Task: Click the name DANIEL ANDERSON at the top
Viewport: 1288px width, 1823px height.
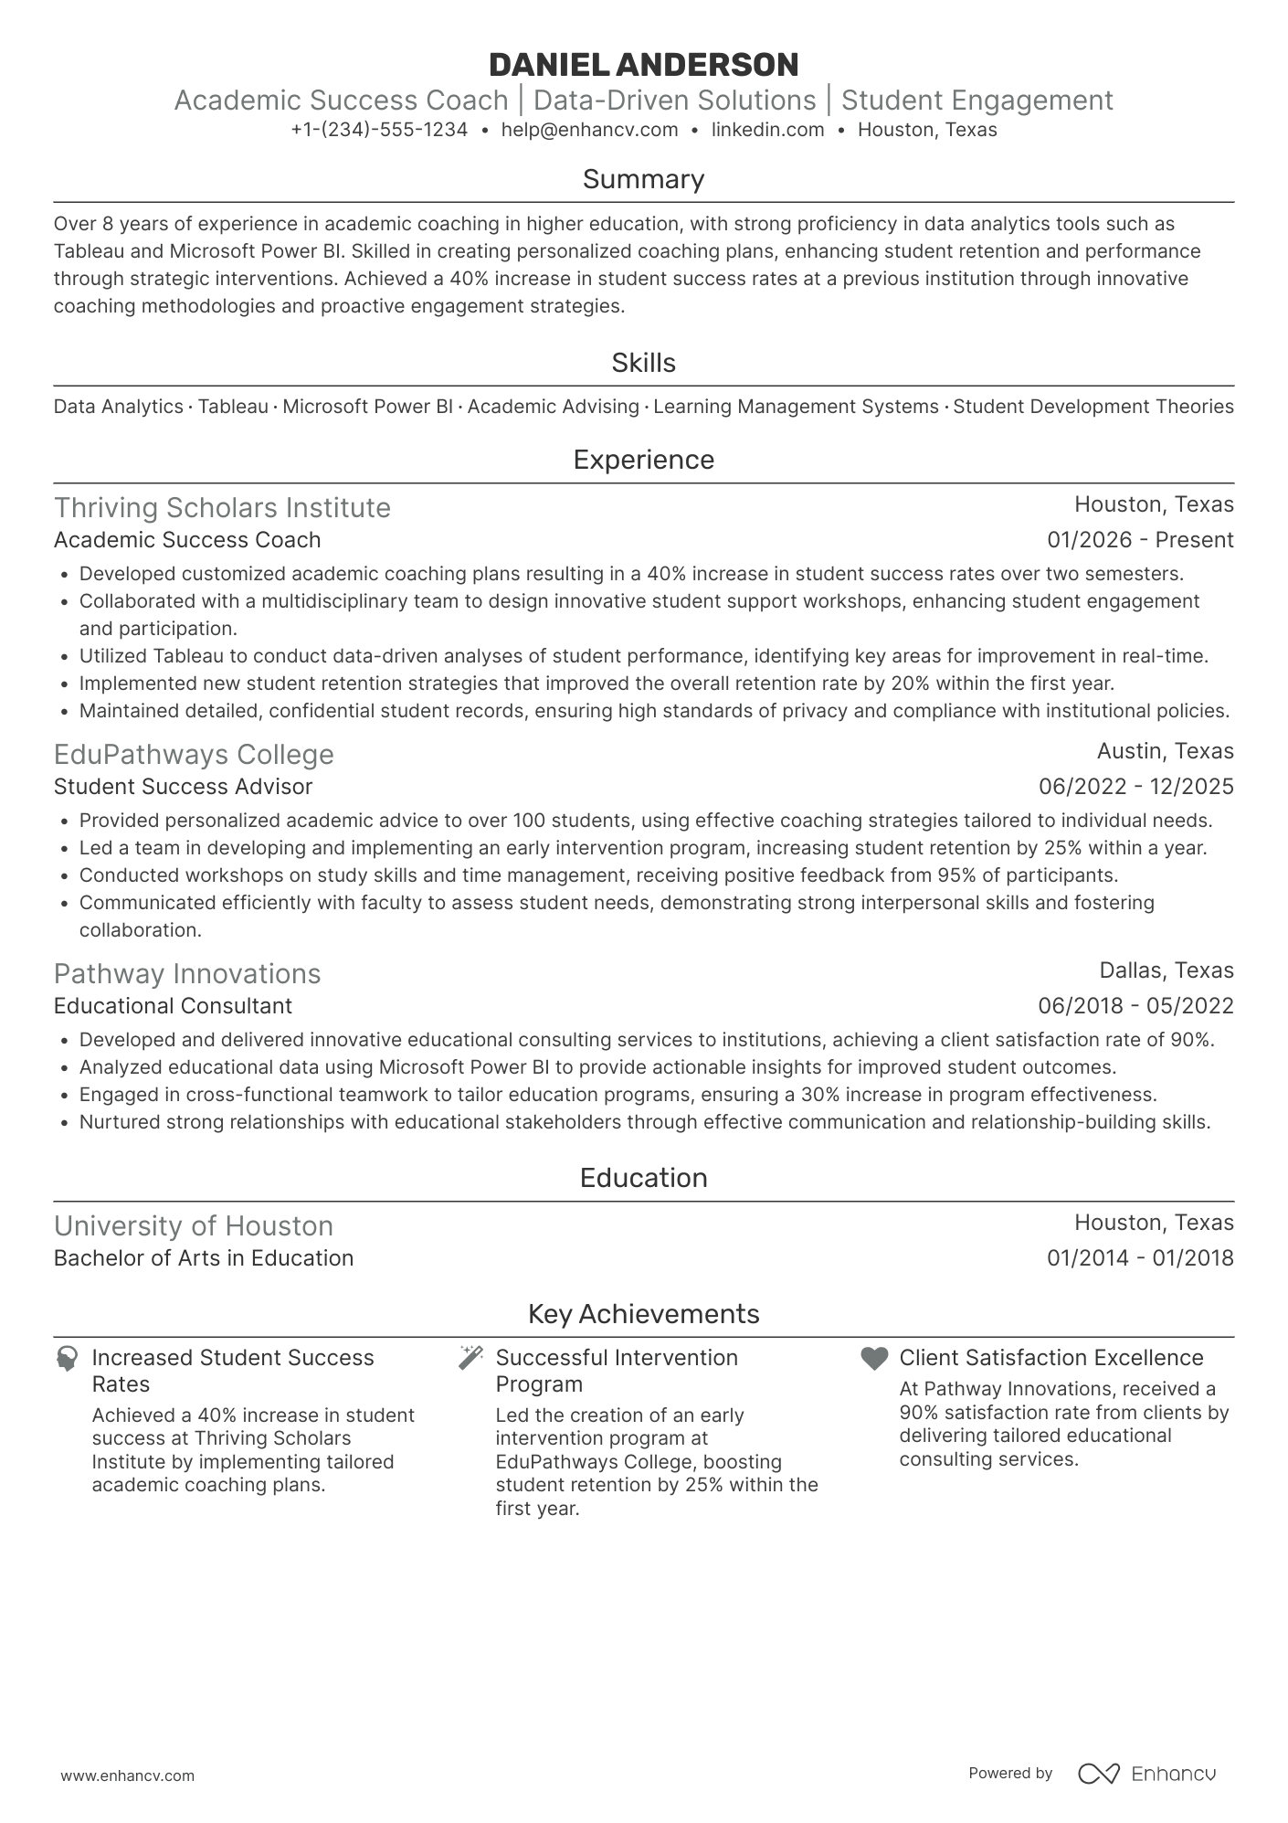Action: click(x=643, y=65)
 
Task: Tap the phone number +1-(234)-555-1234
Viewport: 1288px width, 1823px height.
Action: click(x=379, y=130)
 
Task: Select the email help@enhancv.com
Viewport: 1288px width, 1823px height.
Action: click(x=589, y=130)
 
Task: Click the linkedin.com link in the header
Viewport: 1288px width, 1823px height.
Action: click(x=767, y=130)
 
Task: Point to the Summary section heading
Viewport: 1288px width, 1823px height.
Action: click(x=643, y=179)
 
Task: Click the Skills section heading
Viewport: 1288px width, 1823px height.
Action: click(x=643, y=363)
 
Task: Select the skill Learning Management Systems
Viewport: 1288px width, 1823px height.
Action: click(x=796, y=407)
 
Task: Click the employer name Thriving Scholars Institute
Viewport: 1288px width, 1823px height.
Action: click(x=222, y=508)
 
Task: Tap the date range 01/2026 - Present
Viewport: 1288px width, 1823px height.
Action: click(x=1140, y=540)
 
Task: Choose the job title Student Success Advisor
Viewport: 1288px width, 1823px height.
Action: click(x=183, y=787)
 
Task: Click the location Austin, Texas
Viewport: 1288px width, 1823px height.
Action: click(x=1165, y=751)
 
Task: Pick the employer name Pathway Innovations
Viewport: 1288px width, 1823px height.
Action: click(x=187, y=974)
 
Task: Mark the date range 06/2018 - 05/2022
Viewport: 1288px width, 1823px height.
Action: click(x=1135, y=1006)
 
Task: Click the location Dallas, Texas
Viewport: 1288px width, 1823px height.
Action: click(x=1166, y=970)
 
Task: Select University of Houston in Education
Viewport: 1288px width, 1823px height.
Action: click(x=194, y=1226)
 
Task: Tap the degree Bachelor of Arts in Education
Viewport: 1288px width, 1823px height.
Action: click(x=204, y=1258)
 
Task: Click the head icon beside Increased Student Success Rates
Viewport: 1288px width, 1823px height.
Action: click(x=67, y=1359)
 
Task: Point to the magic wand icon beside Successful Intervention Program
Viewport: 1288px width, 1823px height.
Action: click(x=470, y=1358)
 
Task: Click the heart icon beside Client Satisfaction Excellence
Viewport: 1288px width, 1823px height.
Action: click(x=874, y=1359)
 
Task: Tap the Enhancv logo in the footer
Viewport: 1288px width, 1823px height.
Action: click(x=1147, y=1774)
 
